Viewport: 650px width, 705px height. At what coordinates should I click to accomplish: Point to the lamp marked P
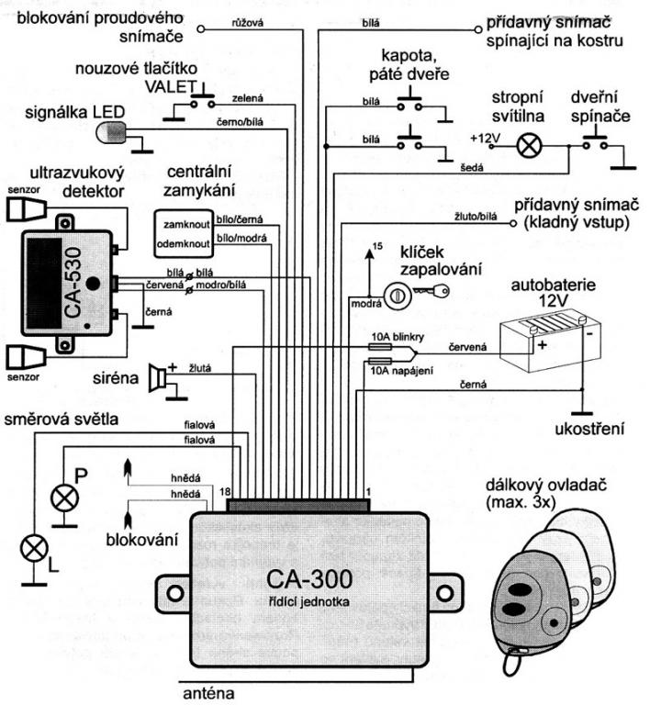(x=64, y=498)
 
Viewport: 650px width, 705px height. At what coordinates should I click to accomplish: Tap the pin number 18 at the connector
(x=227, y=493)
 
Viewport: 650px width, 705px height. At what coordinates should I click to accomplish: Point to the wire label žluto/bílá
(x=475, y=218)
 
